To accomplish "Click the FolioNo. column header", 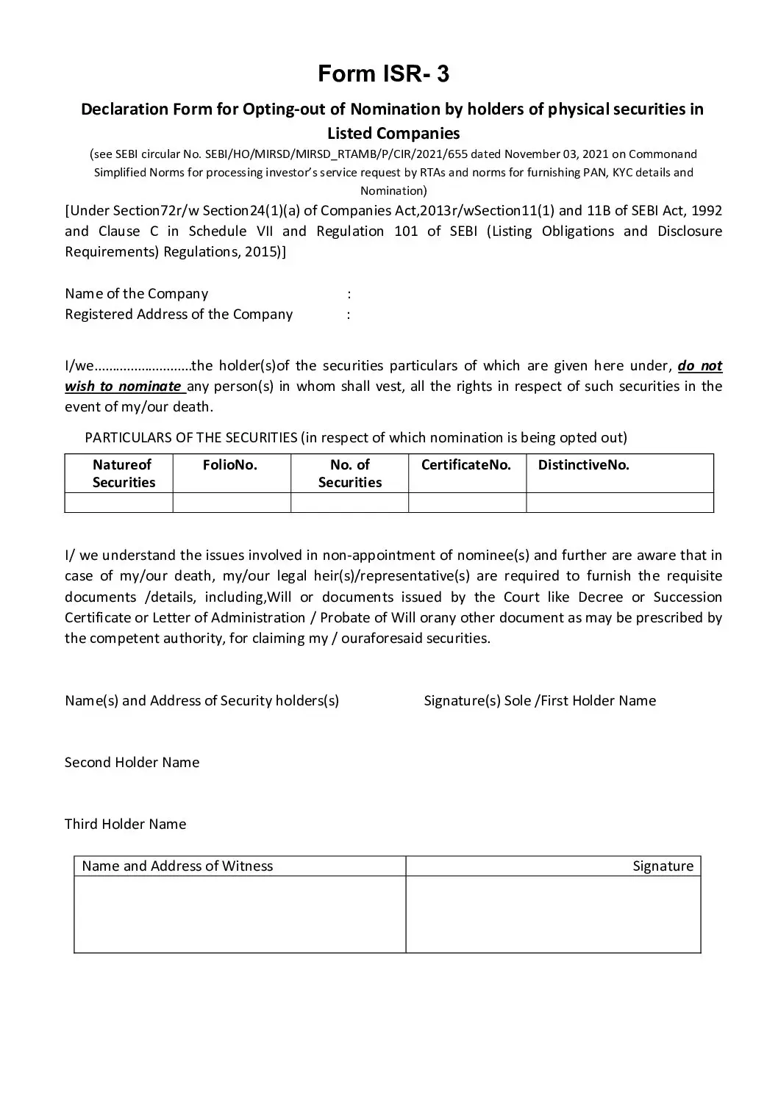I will tap(230, 465).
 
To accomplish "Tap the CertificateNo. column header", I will tap(466, 465).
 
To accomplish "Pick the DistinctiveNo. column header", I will tap(584, 465).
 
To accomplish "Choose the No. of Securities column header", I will tap(350, 474).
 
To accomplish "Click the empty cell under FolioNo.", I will tap(232, 503).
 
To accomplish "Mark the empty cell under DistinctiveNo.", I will tap(619, 503).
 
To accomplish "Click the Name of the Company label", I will tap(137, 294).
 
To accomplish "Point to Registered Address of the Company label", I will tap(179, 314).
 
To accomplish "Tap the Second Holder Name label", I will tap(132, 763).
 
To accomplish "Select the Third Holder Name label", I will tap(126, 824).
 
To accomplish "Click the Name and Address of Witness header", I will tap(177, 866).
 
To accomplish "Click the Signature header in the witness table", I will tap(663, 866).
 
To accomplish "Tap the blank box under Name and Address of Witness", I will tap(240, 914).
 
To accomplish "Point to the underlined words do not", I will tap(699, 366).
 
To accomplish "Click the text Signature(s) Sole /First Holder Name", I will tap(540, 701).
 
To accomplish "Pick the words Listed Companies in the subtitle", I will tap(393, 134).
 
